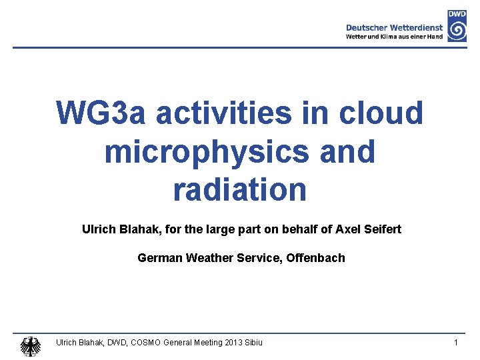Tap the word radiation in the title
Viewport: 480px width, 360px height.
point(239,189)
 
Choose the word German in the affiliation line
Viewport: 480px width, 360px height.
point(158,257)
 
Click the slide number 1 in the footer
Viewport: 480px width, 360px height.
point(455,343)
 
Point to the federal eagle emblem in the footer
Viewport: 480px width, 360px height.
point(30,345)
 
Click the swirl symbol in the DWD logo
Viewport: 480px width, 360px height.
point(457,31)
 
